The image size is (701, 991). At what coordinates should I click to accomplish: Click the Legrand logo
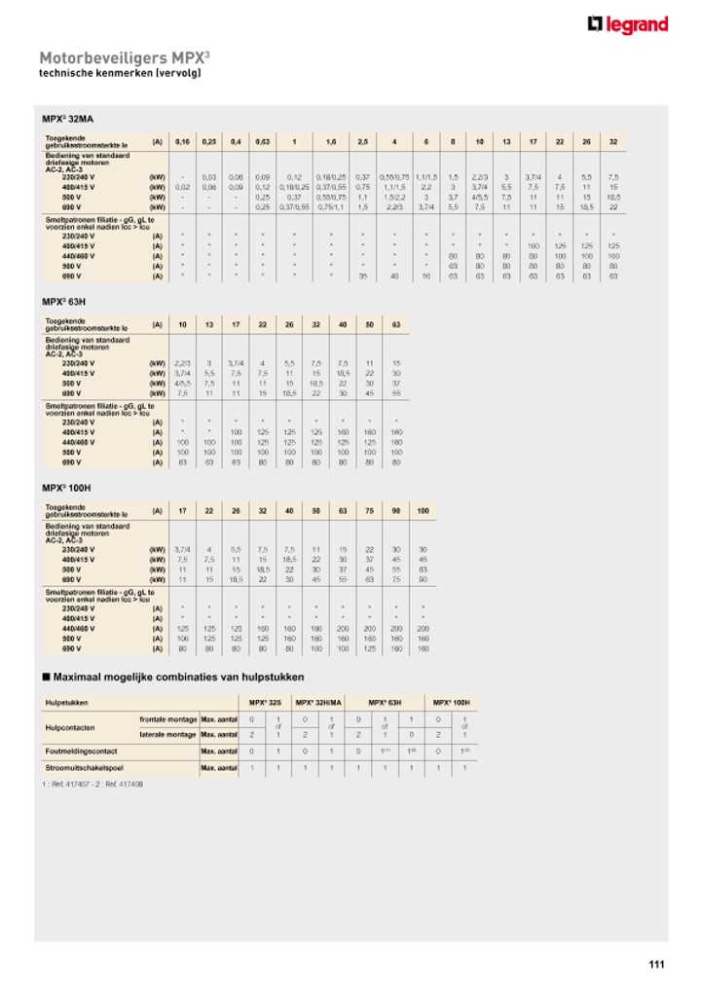[628, 24]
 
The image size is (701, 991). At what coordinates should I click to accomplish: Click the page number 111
[656, 965]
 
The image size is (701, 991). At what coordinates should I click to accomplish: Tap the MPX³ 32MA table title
[67, 119]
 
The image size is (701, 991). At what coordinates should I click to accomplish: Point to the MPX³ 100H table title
[66, 488]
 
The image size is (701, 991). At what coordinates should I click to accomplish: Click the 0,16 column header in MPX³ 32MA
[182, 142]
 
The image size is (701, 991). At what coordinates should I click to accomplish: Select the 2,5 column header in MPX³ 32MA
[362, 142]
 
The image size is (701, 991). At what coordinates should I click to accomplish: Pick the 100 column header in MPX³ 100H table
[423, 510]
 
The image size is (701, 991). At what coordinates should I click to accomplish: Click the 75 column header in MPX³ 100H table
[369, 510]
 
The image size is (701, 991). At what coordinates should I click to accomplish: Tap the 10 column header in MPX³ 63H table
[182, 325]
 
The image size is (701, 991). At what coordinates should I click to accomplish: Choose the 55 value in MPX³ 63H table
[396, 393]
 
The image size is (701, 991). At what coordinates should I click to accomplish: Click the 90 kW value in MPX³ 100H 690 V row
[423, 578]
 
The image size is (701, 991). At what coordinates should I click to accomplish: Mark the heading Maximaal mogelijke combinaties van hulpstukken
[179, 677]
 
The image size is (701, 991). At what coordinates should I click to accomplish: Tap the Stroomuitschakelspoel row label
[78, 768]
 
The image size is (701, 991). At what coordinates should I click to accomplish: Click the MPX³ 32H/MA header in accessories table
[319, 702]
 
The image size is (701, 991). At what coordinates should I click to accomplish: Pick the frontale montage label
[167, 718]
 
